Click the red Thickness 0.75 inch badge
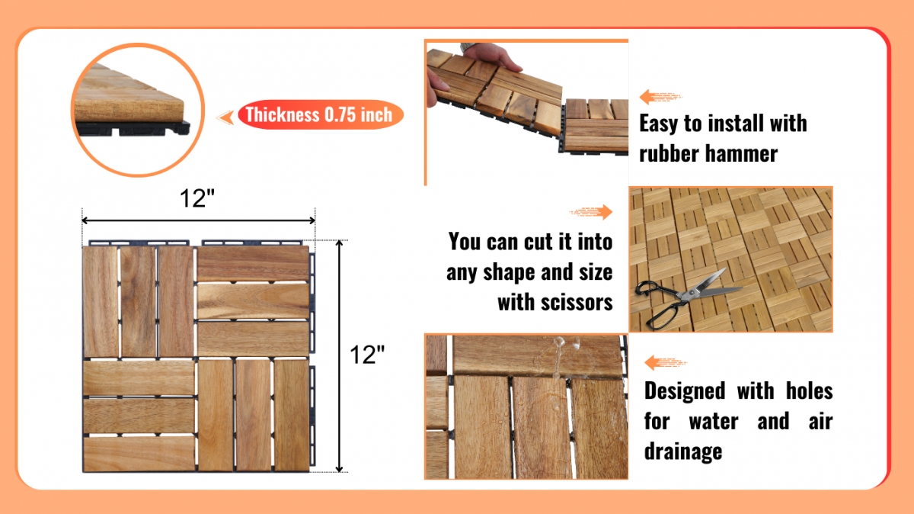[321, 115]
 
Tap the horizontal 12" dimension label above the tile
[197, 198]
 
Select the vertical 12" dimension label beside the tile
[367, 355]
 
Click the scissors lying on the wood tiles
[689, 298]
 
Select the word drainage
[683, 451]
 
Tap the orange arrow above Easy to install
[660, 97]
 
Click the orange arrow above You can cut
[591, 212]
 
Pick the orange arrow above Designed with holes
[666, 362]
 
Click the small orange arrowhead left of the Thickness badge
[225, 117]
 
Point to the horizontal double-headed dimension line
[198, 220]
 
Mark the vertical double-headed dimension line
[339, 356]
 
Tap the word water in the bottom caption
[714, 422]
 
